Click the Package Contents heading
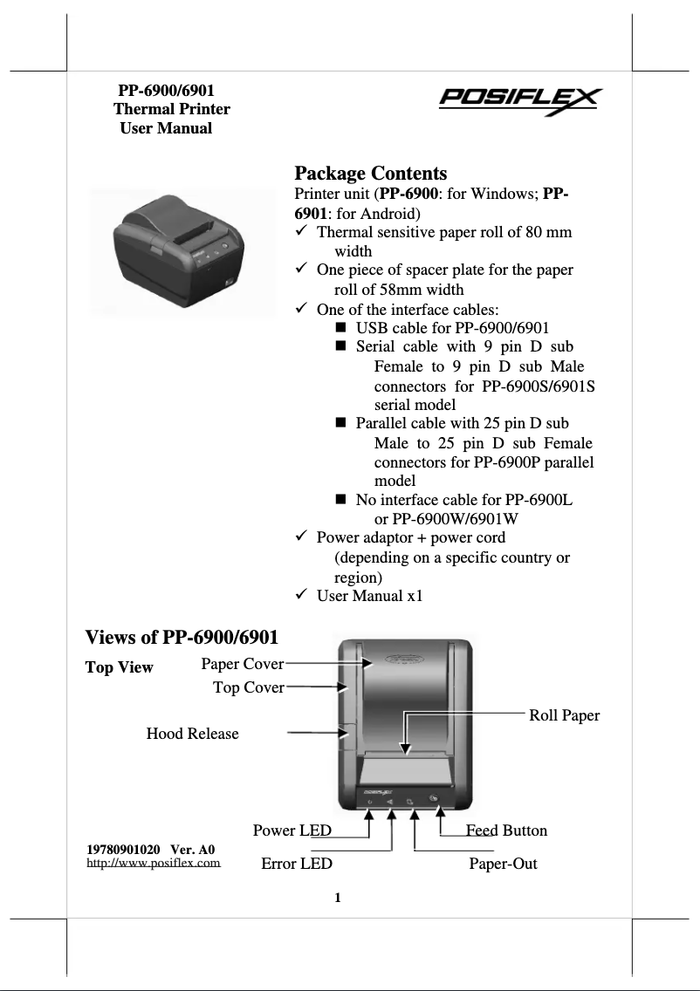point(371,173)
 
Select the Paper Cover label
point(242,664)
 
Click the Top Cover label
point(248,687)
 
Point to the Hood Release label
point(192,734)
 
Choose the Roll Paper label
point(564,715)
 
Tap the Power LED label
point(292,830)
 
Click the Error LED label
point(297,864)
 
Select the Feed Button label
point(506,830)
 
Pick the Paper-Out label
point(503,864)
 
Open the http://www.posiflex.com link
point(153,863)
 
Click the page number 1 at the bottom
point(338,898)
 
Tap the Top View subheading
point(119,667)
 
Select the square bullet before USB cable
point(340,328)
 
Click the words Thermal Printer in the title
point(172,109)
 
